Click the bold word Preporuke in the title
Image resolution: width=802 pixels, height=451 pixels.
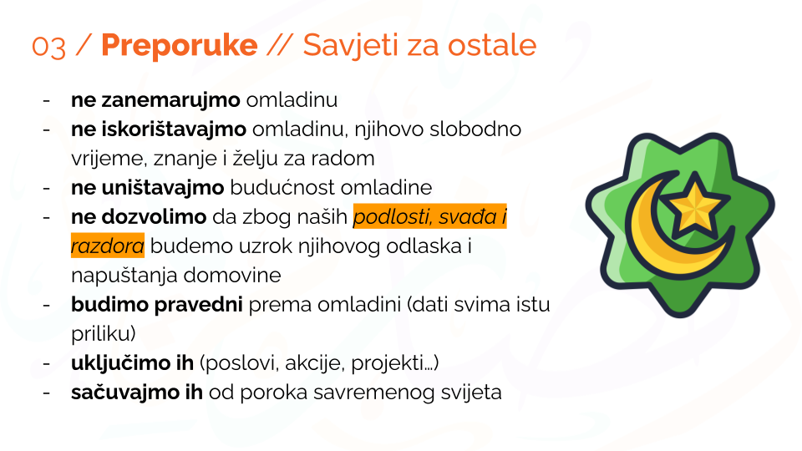(180, 45)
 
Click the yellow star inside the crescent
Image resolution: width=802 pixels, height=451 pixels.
(693, 205)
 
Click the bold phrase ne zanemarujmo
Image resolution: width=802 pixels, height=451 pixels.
(155, 100)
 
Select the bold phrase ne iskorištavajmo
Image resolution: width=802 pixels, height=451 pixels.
(159, 129)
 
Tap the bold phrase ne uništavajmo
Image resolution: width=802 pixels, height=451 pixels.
(147, 188)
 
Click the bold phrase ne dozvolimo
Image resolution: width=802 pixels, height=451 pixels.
(139, 217)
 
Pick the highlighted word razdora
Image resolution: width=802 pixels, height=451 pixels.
(108, 246)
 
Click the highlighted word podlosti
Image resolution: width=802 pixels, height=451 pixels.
(393, 217)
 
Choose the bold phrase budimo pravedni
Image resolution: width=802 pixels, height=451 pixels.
(156, 305)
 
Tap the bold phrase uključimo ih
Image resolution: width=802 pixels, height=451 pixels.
(133, 363)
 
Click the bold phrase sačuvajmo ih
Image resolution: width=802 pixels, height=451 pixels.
(137, 393)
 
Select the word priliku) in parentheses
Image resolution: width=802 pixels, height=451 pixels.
(104, 334)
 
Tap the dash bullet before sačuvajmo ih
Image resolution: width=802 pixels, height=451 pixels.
(47, 393)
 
